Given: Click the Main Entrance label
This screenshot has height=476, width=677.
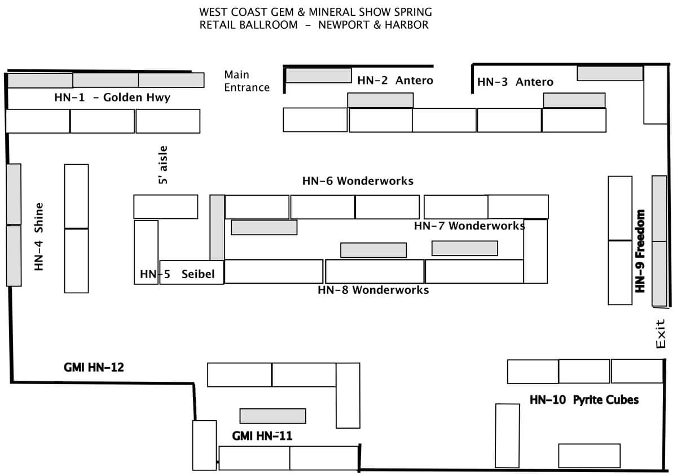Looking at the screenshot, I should click(247, 81).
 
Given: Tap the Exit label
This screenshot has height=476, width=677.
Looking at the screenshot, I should click(662, 334).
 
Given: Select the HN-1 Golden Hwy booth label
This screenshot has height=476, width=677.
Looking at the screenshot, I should click(112, 98).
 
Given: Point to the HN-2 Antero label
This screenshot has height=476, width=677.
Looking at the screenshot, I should click(395, 80).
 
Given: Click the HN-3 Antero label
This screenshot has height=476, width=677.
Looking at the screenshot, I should click(515, 82).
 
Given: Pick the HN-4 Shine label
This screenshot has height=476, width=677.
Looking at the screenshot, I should click(38, 237).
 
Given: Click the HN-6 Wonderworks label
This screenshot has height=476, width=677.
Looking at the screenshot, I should click(358, 181).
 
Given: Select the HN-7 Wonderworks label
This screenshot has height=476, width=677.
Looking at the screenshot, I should click(469, 226).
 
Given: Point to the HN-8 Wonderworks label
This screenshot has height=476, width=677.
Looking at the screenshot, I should click(373, 290).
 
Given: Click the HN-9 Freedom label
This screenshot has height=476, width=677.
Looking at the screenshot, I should click(640, 251).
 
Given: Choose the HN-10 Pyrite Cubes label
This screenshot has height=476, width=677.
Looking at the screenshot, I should click(584, 400).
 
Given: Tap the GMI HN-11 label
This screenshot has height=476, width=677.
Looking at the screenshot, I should click(262, 435).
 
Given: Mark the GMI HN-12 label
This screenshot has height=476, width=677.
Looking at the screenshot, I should click(94, 368).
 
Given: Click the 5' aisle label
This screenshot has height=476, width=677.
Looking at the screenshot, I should click(164, 165).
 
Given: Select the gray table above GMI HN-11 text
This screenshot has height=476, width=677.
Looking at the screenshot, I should click(272, 416).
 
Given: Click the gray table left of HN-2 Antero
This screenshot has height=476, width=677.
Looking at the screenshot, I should click(318, 75).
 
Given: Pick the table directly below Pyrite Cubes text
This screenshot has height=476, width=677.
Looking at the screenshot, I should click(589, 455).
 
